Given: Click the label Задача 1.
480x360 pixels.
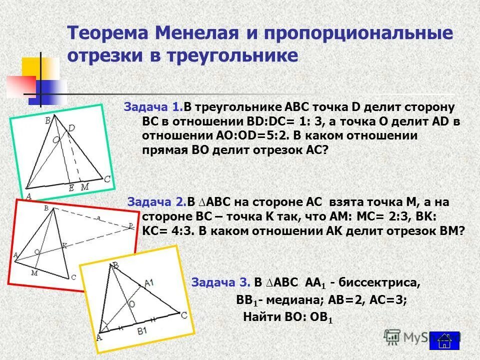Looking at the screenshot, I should coord(152,107).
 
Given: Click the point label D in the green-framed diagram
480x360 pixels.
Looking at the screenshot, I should coord(71,129).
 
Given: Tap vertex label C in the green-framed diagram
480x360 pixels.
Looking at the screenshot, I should coord(107,178).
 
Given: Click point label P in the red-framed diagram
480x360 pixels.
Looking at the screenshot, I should coord(130,226).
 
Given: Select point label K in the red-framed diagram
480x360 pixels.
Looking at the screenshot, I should coord(63,245).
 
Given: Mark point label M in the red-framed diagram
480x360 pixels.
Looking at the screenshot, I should coord(34,272).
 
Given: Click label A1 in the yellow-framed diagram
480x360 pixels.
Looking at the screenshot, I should coord(148,283).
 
